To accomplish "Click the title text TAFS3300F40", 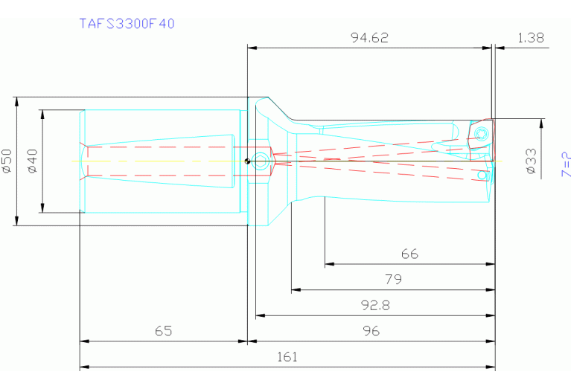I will pyautogui.click(x=127, y=23).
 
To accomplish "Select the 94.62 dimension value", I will pyautogui.click(x=369, y=38).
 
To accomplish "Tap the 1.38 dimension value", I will pyautogui.click(x=529, y=38).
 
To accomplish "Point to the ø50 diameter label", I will pyautogui.click(x=7, y=161).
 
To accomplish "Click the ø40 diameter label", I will pyautogui.click(x=32, y=161).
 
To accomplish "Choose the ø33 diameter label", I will pyautogui.click(x=531, y=161).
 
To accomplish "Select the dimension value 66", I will pyautogui.click(x=409, y=254).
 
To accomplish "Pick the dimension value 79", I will pyautogui.click(x=393, y=280).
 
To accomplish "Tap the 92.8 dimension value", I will pyautogui.click(x=375, y=305).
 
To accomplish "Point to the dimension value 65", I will pyautogui.click(x=163, y=331).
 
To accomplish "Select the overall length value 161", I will pyautogui.click(x=287, y=357).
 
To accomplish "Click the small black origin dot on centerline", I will pyautogui.click(x=247, y=161).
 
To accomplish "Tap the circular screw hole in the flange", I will pyautogui.click(x=260, y=161).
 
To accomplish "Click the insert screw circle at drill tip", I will pyautogui.click(x=480, y=134).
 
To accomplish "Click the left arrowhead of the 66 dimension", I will pyautogui.click(x=328, y=263).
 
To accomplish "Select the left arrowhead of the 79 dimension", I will pyautogui.click(x=295, y=289).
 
